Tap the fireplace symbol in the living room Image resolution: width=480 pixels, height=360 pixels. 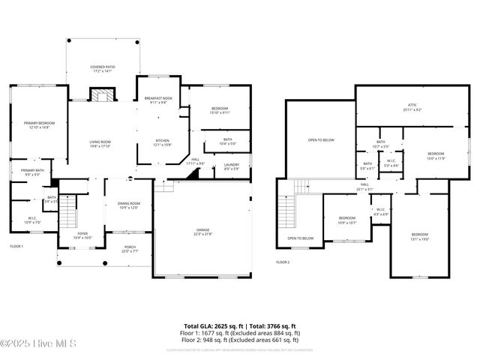(101, 94)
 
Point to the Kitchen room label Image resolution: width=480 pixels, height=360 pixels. (163, 142)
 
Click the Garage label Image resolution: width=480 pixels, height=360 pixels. (202, 231)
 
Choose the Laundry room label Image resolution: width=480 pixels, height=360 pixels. (231, 166)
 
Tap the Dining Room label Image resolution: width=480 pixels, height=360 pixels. (129, 205)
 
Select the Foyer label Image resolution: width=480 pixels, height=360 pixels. (82, 235)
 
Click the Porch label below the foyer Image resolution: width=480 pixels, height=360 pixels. (130, 249)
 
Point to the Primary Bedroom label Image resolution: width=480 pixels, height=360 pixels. (34, 125)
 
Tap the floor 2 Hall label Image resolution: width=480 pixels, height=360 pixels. (364, 187)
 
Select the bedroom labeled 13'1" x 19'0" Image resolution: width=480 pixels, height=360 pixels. (419, 237)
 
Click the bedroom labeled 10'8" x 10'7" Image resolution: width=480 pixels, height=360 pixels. (346, 220)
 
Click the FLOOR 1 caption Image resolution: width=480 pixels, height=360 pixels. (16, 246)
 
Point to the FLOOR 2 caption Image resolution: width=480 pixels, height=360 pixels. (283, 262)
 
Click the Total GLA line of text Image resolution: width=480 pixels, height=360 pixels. (240, 325)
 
